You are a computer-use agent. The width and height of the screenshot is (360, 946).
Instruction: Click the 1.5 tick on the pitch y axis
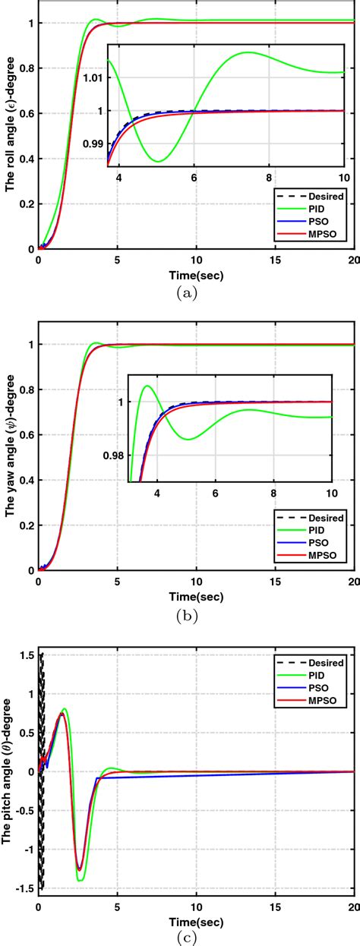click(26, 655)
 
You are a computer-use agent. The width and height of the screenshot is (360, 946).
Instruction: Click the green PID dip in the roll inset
click(157, 161)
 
